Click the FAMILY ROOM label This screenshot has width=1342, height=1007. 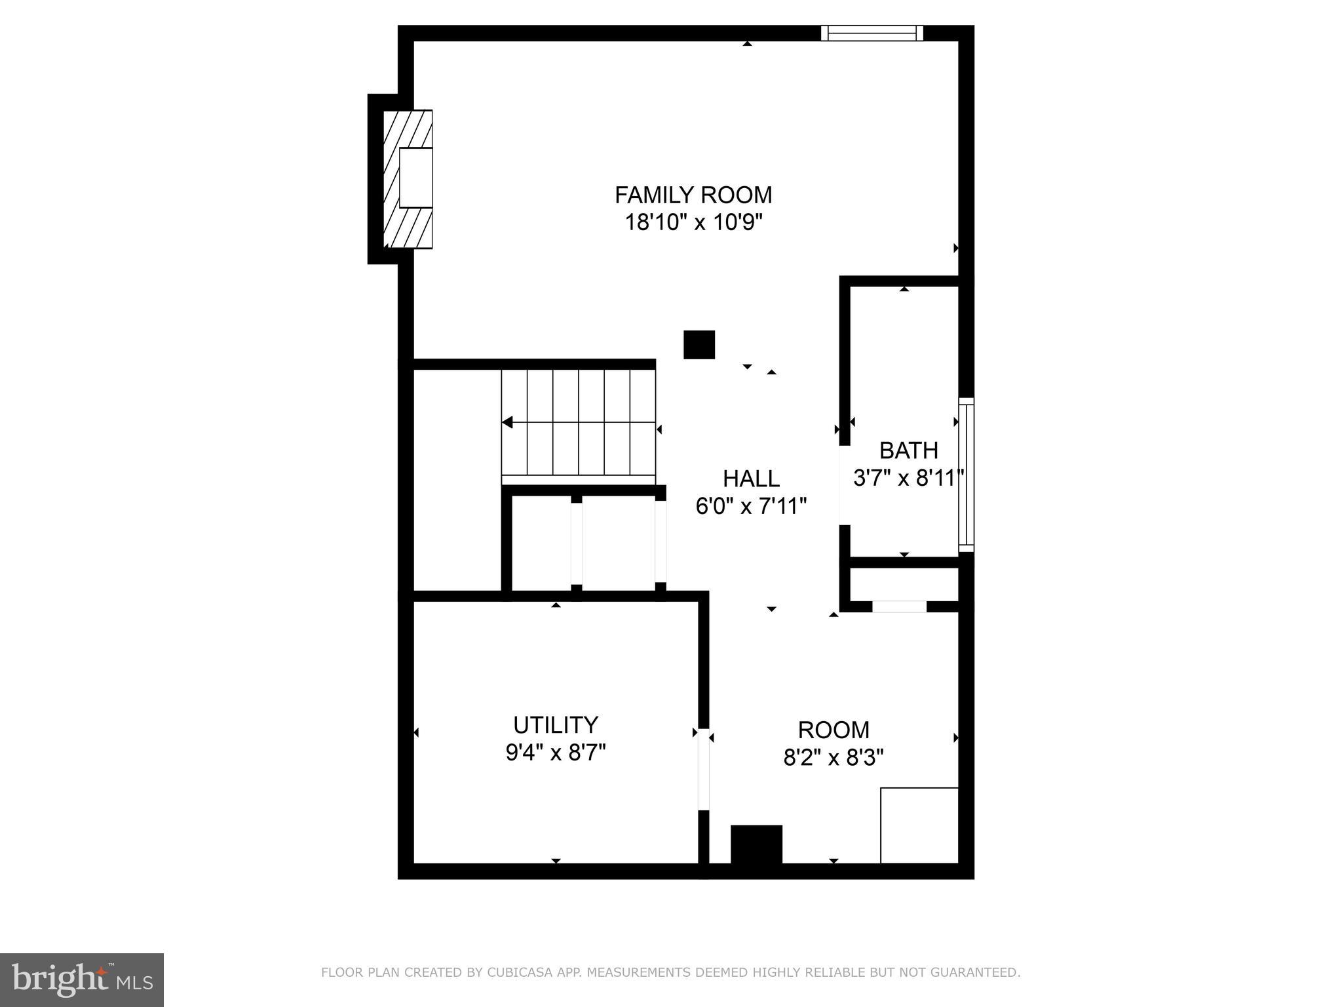coord(693,195)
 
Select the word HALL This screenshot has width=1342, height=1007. coord(751,479)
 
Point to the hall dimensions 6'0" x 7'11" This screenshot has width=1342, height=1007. coord(751,506)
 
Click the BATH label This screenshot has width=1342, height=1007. coord(908,450)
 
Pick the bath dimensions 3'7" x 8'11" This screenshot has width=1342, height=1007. coord(908,478)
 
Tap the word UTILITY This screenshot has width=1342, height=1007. coord(556,725)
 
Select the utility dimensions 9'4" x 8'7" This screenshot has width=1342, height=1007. coord(556,753)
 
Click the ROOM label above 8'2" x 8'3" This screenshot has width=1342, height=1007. coord(834,730)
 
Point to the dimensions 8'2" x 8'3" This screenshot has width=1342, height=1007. coord(834,758)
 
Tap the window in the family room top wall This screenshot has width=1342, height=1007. coord(872,33)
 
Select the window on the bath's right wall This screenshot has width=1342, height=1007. coord(966,475)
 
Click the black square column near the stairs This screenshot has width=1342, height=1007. coord(699,345)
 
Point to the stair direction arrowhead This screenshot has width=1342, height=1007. coord(508,423)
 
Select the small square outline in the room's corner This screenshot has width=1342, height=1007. coord(919,825)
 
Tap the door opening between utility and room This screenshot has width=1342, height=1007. coord(703,769)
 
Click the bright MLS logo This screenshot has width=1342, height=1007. coord(82,979)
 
